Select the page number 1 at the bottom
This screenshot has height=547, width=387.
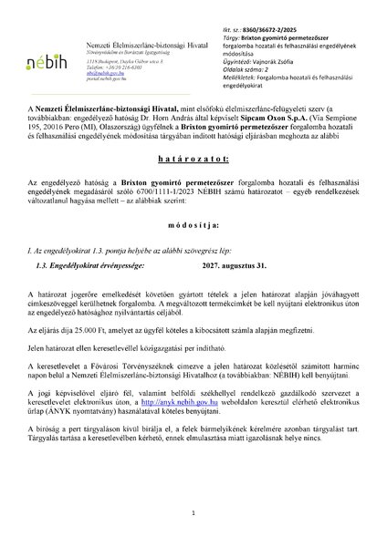193,513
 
